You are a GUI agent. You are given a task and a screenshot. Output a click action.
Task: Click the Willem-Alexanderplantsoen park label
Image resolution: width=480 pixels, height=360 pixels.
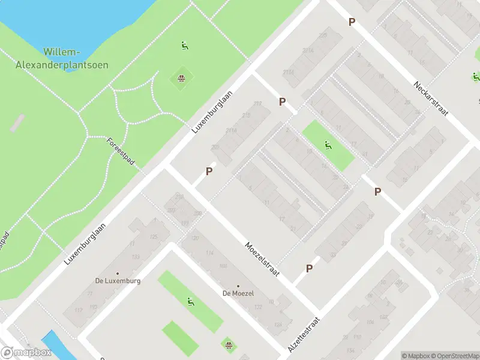click(76, 59)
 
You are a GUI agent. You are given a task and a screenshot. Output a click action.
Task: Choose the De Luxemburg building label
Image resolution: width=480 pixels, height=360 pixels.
click(118, 281)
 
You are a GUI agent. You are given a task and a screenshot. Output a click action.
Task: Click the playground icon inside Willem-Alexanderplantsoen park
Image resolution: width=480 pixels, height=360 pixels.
click(185, 45)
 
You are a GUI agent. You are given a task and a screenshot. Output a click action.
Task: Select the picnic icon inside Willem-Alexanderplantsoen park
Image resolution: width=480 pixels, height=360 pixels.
click(181, 78)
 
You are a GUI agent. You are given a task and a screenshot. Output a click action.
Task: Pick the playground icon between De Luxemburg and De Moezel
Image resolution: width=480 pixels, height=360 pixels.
click(190, 302)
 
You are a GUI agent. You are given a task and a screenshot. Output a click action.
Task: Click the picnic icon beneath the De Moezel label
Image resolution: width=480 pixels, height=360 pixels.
click(229, 344)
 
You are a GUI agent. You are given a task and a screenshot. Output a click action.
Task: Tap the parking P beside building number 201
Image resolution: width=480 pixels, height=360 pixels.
click(209, 171)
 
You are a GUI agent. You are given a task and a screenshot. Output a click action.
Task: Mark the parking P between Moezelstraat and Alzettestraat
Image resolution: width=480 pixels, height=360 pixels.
click(310, 269)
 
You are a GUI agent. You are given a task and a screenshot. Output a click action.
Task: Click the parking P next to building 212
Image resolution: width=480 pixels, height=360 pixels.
click(282, 102)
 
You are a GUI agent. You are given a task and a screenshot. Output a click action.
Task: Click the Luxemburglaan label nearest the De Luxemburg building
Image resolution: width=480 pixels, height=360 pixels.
click(86, 244)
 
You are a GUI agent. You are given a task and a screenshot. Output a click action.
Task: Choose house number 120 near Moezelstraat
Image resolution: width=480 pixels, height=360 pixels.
click(194, 239)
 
